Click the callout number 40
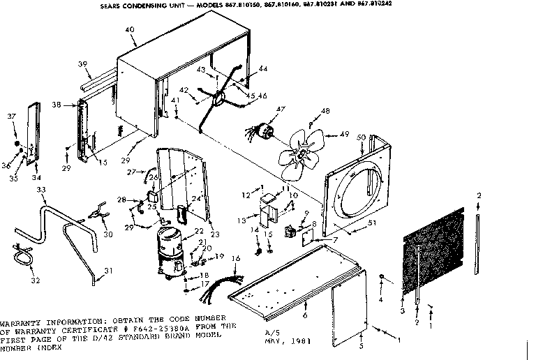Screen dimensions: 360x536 [x=130, y=29]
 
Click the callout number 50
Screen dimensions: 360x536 [x=361, y=137]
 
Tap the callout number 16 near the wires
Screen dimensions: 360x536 [x=236, y=258]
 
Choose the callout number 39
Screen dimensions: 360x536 [x=82, y=64]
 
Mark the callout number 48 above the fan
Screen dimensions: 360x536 [x=325, y=112]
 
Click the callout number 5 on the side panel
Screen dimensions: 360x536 [x=361, y=346]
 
